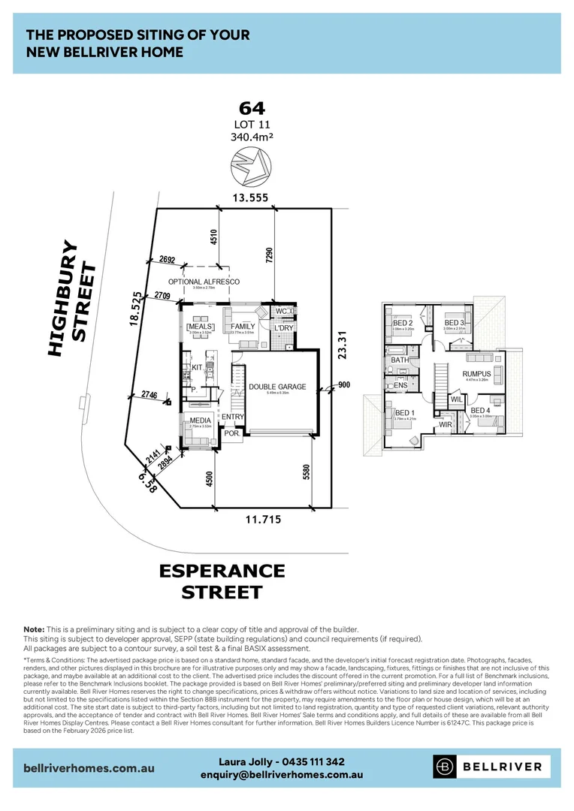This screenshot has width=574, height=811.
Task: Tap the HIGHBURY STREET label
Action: [x=72, y=299]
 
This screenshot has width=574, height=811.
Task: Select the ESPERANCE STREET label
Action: [x=222, y=581]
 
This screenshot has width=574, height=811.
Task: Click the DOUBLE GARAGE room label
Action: [x=277, y=387]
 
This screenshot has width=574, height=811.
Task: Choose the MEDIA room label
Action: [x=199, y=421]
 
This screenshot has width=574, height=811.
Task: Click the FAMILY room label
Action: [x=243, y=327]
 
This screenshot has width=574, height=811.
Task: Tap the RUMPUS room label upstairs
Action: [x=476, y=374]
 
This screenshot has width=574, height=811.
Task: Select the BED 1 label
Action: [x=403, y=413]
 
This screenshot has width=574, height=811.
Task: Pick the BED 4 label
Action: [x=479, y=410]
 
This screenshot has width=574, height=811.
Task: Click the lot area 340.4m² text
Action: [x=251, y=137]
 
